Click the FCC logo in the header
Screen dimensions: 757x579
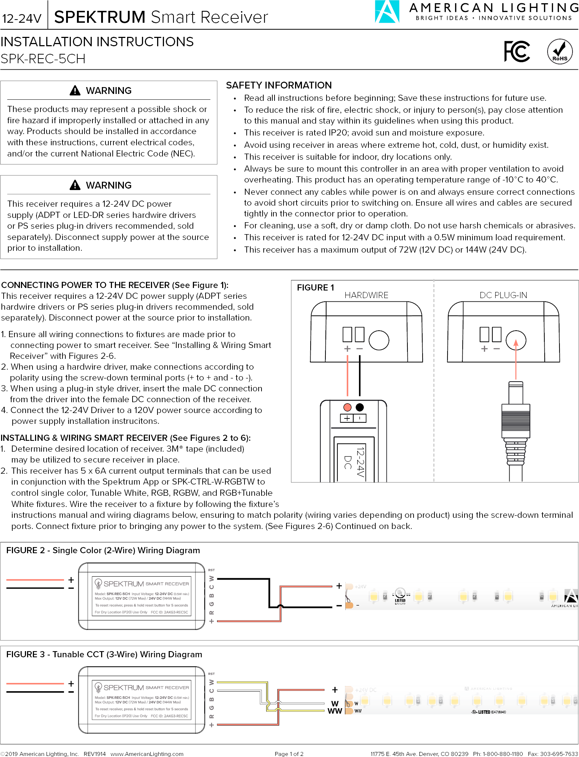point(517,52)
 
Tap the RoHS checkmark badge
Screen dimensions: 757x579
point(559,52)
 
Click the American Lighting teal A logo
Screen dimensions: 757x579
point(387,12)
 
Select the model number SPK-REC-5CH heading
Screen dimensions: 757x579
point(43,59)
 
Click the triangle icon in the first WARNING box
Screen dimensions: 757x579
point(75,90)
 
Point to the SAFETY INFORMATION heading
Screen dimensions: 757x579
point(278,85)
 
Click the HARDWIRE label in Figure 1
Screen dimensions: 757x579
point(366,295)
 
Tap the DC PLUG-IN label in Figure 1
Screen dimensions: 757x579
point(503,295)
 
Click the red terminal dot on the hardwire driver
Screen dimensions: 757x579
point(347,407)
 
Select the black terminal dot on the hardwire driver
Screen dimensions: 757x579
point(359,407)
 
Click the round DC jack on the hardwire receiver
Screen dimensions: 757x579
point(379,340)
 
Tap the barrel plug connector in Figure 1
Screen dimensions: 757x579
point(515,419)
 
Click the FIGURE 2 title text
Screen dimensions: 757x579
point(103,550)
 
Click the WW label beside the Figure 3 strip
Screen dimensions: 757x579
point(334,711)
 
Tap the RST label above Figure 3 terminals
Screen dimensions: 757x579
point(211,674)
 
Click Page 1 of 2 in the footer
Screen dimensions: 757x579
point(289,754)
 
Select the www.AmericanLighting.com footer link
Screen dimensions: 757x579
point(147,754)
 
